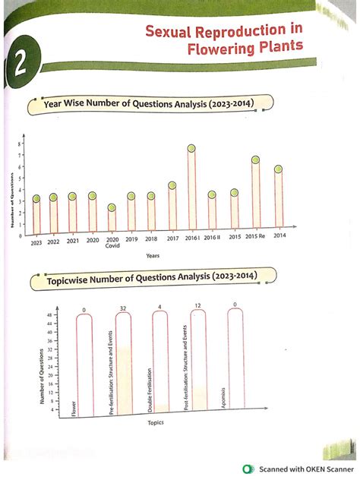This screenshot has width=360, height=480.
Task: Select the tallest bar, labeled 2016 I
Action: coord(192,190)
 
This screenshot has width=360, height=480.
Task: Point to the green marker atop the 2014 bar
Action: coord(279,169)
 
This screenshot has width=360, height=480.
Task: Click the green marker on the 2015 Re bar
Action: coord(256,160)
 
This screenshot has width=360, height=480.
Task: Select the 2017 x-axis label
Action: coord(172,239)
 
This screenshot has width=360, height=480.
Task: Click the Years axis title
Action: coord(153,255)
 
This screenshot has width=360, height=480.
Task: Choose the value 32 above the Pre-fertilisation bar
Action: coord(122,308)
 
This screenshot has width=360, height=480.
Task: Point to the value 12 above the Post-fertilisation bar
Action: coord(197,306)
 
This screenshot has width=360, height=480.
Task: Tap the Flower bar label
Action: coord(74,408)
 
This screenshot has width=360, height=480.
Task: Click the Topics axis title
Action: coord(156,423)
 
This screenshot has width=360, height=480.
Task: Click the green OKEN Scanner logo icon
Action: coord(248,469)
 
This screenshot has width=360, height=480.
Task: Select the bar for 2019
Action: coord(131,213)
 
